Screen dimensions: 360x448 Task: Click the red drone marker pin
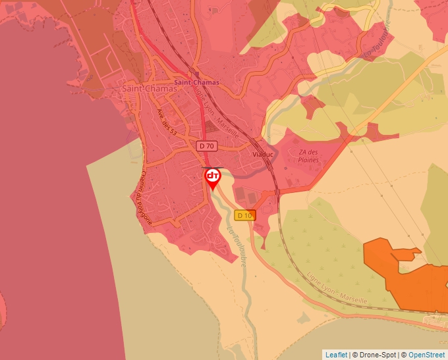coord(213,177)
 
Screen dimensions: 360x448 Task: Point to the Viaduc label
coord(263,154)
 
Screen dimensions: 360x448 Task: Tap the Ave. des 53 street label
coord(167,123)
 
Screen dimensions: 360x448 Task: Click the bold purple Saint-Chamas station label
coord(196,84)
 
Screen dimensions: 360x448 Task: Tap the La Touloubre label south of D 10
coord(237,245)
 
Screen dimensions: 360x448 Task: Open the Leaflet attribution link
coord(336,355)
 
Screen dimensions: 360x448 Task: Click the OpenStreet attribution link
coord(426,355)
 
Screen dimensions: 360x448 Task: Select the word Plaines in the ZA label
coord(308,160)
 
